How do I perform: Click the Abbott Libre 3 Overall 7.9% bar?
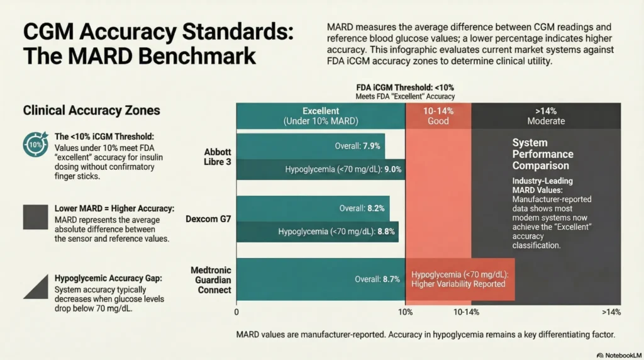[311, 146]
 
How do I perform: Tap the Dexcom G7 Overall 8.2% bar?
[313, 208]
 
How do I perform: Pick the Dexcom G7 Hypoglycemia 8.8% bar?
[318, 231]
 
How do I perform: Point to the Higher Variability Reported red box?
[460, 279]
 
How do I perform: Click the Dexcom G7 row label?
[208, 219]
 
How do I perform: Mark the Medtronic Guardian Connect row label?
[211, 279]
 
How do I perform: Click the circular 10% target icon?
[34, 144]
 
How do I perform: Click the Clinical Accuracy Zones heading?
[91, 111]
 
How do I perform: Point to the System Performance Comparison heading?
[543, 154]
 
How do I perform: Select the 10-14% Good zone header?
[438, 115]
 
